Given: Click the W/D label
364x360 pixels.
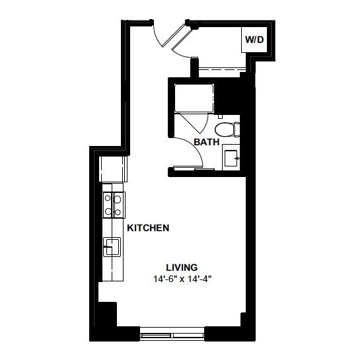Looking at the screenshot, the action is (254, 40).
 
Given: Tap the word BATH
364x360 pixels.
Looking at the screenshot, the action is (206, 142).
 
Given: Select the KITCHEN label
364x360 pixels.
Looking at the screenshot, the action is (148, 228).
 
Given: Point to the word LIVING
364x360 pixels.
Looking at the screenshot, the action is (182, 268).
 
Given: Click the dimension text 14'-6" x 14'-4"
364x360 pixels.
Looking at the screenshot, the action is (182, 279).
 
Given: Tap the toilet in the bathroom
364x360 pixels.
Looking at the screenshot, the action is (227, 129).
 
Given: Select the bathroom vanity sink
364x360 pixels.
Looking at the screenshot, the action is (231, 158).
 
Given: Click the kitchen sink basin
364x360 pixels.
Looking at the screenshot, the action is (112, 247).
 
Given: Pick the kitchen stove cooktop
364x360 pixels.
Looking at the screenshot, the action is (114, 205).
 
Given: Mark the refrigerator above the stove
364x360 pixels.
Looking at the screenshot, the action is (113, 169).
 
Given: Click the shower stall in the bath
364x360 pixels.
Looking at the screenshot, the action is (194, 98).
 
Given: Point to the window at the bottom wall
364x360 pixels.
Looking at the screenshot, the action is (172, 334).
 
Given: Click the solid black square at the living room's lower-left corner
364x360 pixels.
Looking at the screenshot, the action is (107, 314).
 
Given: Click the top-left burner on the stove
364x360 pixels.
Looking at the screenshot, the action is (108, 198).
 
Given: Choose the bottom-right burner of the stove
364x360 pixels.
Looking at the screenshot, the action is (118, 212).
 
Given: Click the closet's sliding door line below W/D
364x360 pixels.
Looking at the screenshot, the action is (222, 69).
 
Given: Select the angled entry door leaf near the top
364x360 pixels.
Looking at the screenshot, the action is (174, 35).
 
